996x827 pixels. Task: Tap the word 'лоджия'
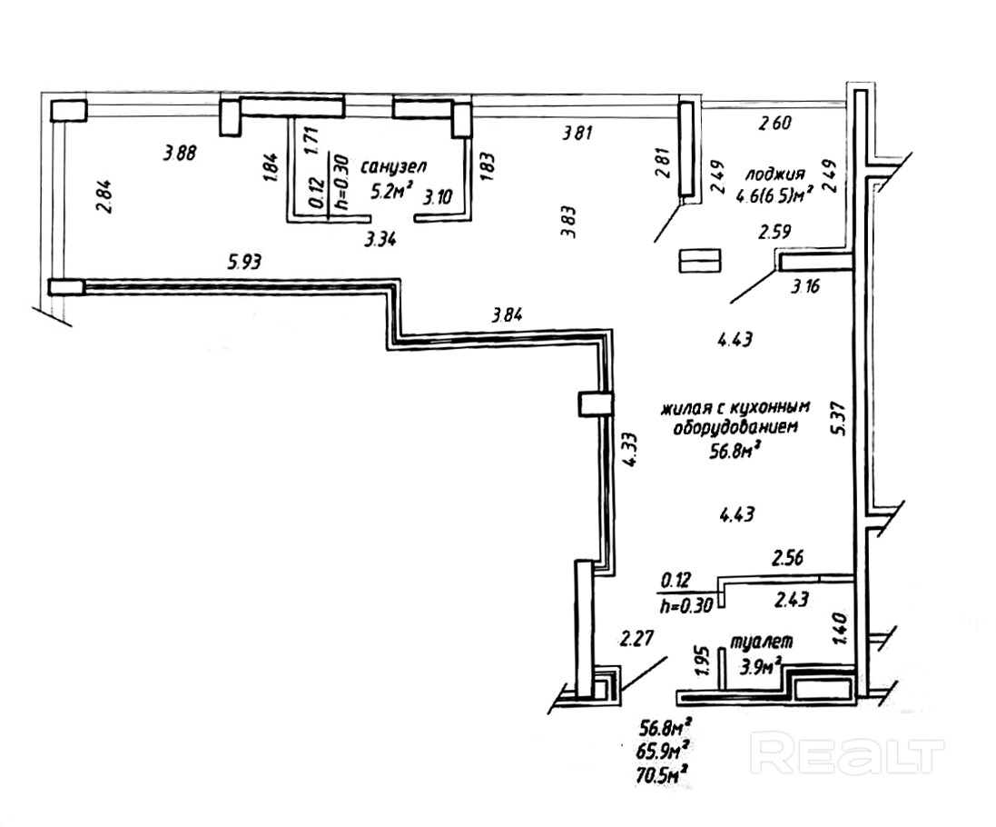[x=775, y=174]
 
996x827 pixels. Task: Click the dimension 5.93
[x=243, y=264]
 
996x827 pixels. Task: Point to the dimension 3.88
[x=180, y=153]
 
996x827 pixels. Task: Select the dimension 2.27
[x=637, y=639]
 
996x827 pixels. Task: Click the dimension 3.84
[x=508, y=316]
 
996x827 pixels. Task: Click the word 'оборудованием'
[x=729, y=427]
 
